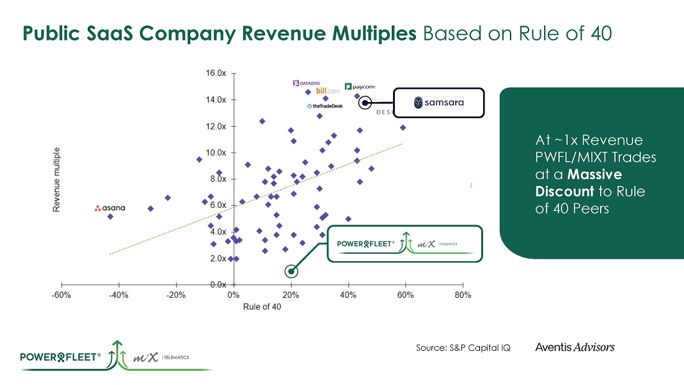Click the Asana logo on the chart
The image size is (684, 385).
coord(109,208)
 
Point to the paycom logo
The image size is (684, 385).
coord(360,87)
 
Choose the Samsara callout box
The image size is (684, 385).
coord(438,102)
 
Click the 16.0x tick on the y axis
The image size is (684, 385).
coord(216,73)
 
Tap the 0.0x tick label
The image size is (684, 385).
coord(218,285)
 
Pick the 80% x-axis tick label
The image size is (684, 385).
coord(463,295)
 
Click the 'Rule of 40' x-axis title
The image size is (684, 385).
coord(262,307)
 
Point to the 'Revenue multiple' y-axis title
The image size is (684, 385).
coord(57,180)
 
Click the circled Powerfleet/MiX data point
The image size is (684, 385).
coord(291,271)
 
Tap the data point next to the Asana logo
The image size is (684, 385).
coord(110,216)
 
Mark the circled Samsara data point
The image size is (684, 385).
coord(366,102)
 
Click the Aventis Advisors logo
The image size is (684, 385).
coord(575,347)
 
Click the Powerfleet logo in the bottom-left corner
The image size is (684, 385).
coord(60,357)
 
